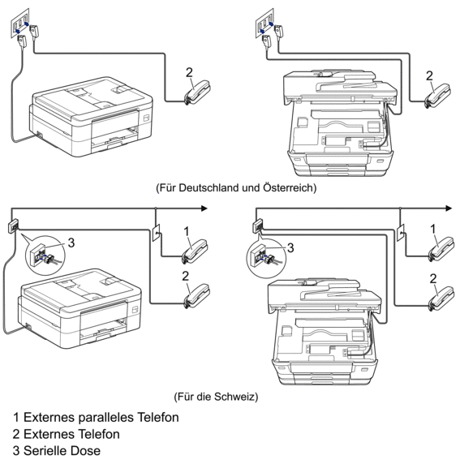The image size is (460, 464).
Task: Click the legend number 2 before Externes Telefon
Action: click(16, 434)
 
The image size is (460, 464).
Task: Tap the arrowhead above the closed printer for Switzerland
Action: click(204, 208)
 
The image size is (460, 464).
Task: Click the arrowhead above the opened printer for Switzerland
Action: click(449, 208)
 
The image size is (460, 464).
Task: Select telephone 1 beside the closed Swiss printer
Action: click(195, 251)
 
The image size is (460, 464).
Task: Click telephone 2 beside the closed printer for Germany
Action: click(197, 92)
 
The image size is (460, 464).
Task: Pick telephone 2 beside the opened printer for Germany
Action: click(437, 96)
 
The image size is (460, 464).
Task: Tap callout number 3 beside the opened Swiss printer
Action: click(290, 247)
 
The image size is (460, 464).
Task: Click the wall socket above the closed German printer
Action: click(20, 23)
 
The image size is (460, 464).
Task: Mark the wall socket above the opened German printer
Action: click(264, 23)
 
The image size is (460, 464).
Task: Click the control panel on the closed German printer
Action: click(147, 118)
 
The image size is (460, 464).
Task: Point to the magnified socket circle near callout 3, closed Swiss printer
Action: click(45, 256)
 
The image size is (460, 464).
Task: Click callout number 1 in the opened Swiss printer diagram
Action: click(432, 229)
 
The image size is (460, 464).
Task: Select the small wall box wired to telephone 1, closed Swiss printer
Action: click(156, 233)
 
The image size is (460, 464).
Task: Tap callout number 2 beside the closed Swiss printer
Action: click(185, 276)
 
